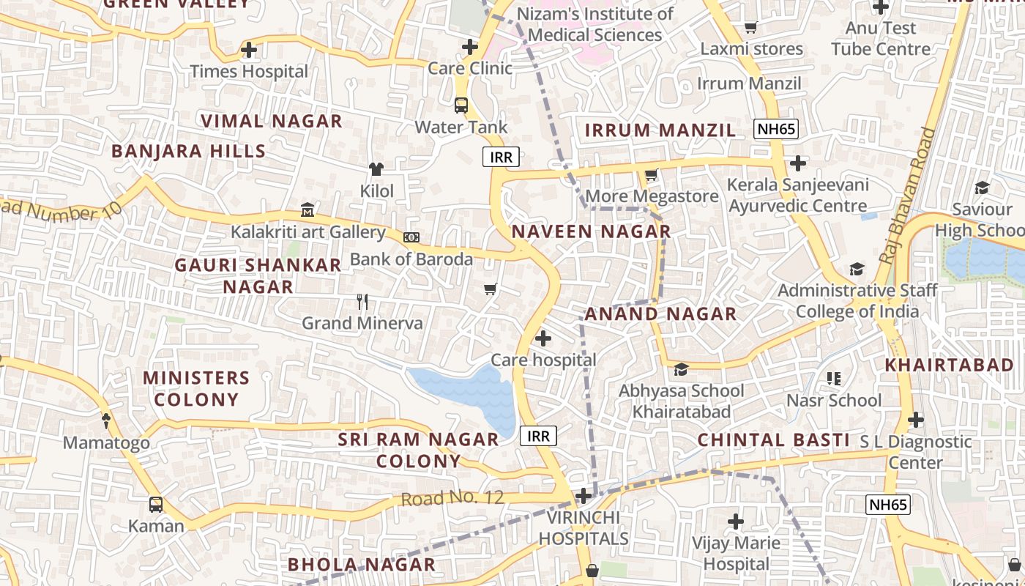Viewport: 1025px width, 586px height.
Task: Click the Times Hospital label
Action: click(249, 71)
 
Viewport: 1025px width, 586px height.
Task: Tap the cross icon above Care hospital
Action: click(543, 338)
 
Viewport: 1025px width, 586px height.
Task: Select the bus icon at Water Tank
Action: click(461, 105)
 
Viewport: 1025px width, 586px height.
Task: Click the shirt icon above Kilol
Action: click(376, 169)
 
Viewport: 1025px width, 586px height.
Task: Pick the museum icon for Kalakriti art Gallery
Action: click(307, 211)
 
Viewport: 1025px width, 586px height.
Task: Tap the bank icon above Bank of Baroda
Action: click(411, 237)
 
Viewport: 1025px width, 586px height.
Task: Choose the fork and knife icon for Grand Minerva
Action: click(362, 301)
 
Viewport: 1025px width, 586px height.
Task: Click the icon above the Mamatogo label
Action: click(106, 420)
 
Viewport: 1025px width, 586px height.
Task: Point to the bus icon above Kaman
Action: click(156, 504)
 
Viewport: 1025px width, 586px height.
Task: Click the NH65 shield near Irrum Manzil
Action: click(777, 130)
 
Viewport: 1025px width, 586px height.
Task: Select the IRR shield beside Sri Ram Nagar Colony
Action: click(538, 437)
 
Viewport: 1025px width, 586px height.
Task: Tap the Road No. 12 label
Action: click(452, 498)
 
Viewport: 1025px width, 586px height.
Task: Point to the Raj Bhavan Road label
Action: click(908, 196)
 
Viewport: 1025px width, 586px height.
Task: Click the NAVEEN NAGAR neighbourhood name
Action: click(591, 231)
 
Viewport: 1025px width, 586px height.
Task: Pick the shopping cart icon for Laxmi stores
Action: click(750, 28)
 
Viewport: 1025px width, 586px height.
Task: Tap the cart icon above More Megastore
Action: click(651, 175)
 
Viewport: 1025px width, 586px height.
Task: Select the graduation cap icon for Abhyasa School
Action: click(682, 368)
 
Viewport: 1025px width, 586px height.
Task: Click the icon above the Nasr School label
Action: click(834, 379)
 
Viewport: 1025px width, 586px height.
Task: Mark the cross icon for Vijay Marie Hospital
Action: click(736, 522)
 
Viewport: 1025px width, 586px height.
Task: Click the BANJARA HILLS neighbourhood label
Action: click(188, 152)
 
